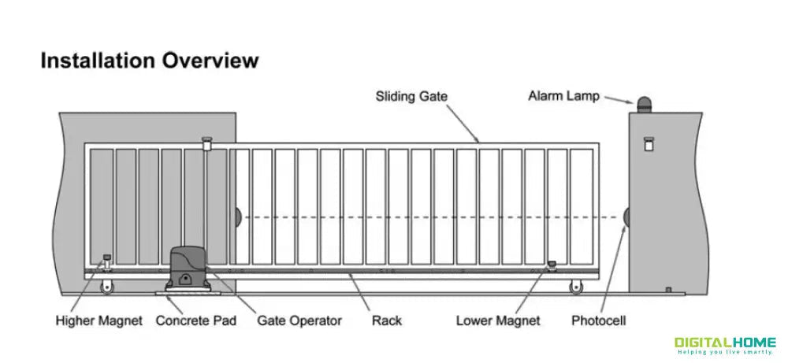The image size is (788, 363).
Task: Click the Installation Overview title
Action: (149, 61)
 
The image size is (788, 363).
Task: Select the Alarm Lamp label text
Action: (563, 97)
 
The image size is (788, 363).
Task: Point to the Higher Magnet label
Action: (99, 320)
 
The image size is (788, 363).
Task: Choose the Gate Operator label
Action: (299, 320)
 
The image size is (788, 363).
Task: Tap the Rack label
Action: (386, 320)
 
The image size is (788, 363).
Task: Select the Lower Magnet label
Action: (498, 320)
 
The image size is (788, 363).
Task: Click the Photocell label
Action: (599, 320)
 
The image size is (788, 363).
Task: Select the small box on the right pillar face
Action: (649, 145)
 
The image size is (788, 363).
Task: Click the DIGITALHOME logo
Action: (725, 344)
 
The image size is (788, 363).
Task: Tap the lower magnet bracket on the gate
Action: (552, 266)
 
